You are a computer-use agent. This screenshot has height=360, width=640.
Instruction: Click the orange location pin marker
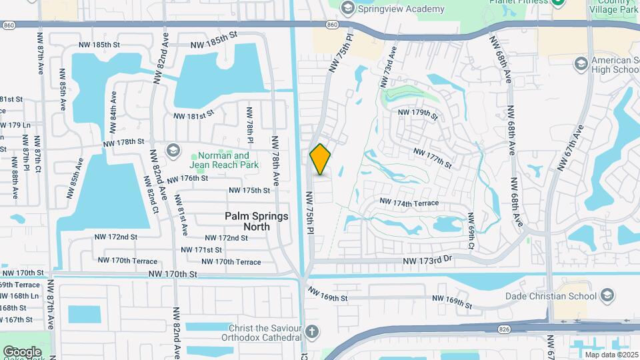[320, 159]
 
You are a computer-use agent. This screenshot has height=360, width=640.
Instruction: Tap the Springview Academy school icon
[347, 8]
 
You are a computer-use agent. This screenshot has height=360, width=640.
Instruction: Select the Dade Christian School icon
[607, 294]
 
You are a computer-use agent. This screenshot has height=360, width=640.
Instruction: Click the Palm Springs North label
[257, 221]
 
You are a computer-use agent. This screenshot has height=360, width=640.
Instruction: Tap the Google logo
[22, 351]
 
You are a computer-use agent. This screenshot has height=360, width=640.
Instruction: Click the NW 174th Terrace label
[409, 202]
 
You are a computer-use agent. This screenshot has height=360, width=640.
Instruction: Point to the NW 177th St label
[433, 157]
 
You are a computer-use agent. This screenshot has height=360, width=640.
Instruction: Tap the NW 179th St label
[417, 113]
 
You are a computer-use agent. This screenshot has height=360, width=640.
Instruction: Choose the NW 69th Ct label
[471, 232]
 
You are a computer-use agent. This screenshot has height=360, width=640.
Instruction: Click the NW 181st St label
[194, 115]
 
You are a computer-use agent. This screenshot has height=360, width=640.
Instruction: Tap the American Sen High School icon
[580, 63]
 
